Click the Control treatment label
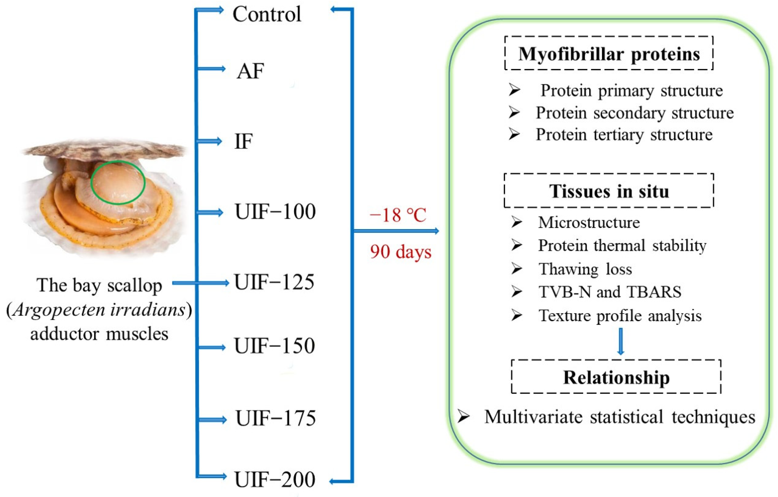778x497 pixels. tap(267, 14)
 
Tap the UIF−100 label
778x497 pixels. tap(275, 212)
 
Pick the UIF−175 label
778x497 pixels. tap(276, 419)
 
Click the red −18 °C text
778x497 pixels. tap(398, 215)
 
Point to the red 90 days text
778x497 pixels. tap(401, 252)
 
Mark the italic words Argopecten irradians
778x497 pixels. tap(99, 310)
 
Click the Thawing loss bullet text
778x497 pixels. tap(585, 269)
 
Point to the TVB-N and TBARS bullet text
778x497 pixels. tap(610, 292)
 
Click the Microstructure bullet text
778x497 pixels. tap(589, 222)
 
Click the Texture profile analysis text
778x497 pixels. tap(620, 315)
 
